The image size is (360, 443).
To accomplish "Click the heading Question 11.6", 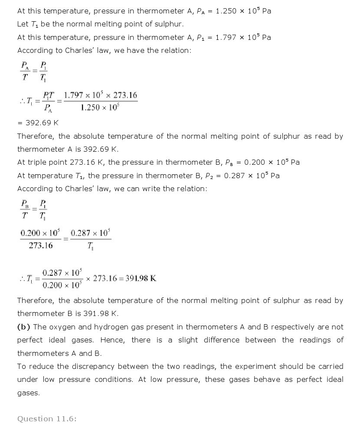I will [47, 419].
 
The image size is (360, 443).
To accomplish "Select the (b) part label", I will [24, 327].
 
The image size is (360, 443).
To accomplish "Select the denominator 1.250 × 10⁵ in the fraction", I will [100, 108].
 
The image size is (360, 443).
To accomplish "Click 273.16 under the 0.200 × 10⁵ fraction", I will [41, 245].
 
